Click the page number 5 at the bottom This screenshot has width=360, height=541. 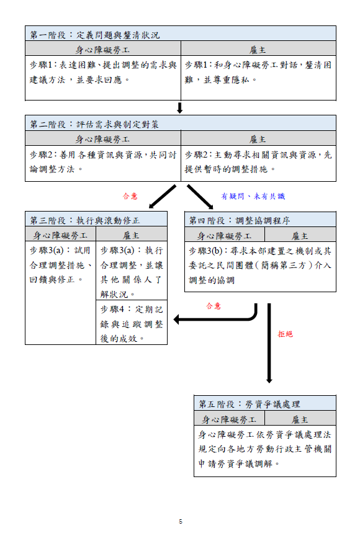coord(181,521)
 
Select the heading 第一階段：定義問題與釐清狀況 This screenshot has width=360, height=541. coord(95,35)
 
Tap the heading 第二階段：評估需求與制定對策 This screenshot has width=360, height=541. coord(94,124)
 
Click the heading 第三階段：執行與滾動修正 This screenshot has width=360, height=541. coord(85,220)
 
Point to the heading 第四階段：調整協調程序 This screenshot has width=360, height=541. coord(240,220)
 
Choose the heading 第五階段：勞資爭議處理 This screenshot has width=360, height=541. coord(249,404)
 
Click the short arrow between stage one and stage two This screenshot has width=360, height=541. coord(180,108)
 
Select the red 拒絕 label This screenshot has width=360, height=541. coord(286,334)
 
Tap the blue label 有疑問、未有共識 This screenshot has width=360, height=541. coord(253,196)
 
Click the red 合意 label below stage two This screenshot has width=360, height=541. coord(130,196)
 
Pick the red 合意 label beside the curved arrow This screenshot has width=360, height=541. coord(214,306)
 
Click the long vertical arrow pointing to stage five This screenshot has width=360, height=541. coord(269,343)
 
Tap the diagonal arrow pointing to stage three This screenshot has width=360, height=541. coord(162,197)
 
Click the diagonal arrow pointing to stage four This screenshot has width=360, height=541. coord(200,197)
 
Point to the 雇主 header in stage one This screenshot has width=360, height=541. coord(258,50)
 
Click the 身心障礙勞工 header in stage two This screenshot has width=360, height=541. coord(102,140)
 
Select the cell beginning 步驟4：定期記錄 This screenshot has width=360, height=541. coord(132,324)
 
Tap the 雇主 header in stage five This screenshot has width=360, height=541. coord(300,419)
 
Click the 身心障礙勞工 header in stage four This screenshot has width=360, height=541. coord(225,236)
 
